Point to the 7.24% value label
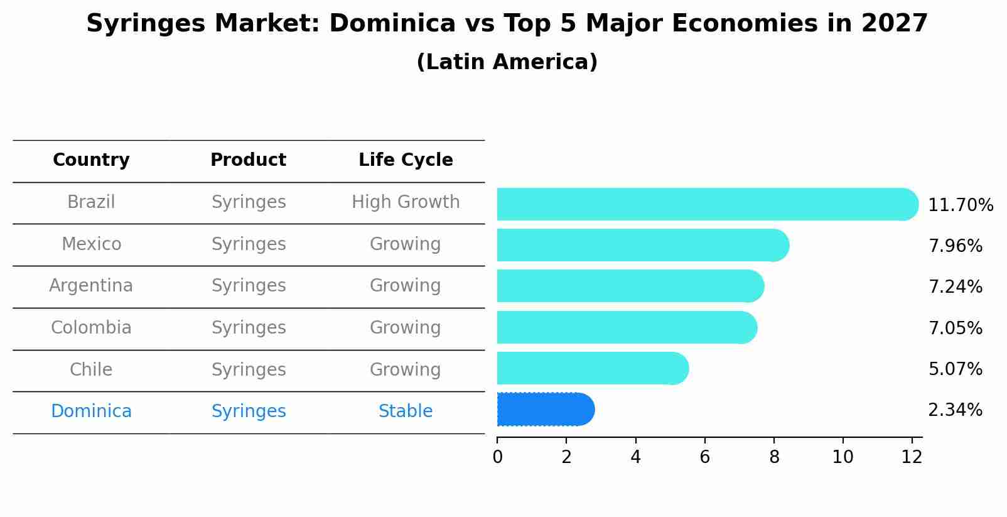point(955,287)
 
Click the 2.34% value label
point(955,410)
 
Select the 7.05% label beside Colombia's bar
point(955,328)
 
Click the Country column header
point(91,160)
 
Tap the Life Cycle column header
point(406,160)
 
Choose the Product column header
point(248,160)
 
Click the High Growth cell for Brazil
point(406,202)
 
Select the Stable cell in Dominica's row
point(406,411)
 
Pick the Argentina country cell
point(91,286)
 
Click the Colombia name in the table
point(91,328)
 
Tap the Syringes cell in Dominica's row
point(248,411)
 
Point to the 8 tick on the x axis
point(773,457)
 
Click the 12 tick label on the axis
point(912,457)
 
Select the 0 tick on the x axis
point(497,457)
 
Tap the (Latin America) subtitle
point(507,62)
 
